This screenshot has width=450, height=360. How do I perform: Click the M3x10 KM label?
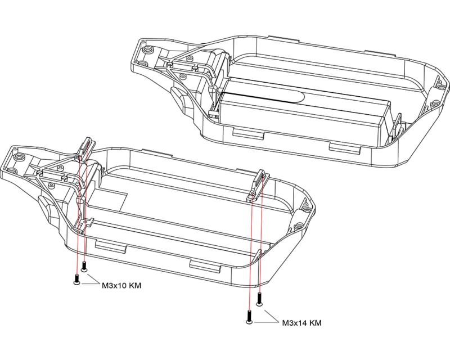(121, 286)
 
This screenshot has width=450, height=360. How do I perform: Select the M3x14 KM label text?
(301, 323)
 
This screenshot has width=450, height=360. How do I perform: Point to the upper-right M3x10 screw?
(84, 266)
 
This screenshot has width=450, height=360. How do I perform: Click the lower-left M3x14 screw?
(249, 318)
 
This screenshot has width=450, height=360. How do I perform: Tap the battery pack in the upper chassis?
(304, 115)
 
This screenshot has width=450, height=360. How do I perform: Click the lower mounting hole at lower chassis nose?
(8, 169)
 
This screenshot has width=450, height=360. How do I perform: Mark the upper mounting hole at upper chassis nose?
(148, 49)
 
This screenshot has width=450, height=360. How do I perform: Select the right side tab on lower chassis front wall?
(203, 265)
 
